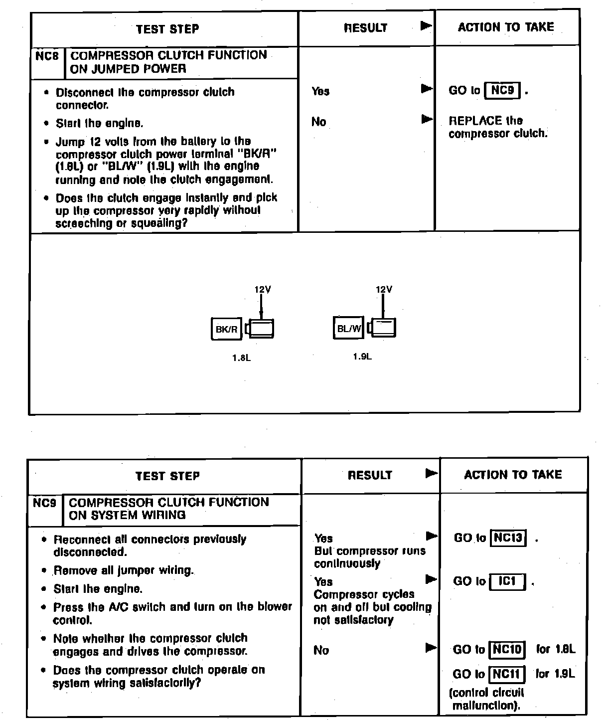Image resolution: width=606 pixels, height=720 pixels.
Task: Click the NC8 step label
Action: (47, 55)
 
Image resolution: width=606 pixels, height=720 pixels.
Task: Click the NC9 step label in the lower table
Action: (45, 503)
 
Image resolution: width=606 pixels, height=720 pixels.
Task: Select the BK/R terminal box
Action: (226, 329)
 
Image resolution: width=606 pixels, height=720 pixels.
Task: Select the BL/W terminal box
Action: (348, 328)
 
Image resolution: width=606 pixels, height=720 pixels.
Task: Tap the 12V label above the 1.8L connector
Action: (263, 289)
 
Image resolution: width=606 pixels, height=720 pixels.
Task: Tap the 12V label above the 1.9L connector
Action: (384, 289)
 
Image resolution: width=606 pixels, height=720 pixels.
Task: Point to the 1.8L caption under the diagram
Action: (241, 358)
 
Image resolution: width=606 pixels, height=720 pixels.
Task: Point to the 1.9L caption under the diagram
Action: (362, 357)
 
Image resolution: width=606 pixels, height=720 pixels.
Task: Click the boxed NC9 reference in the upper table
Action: (502, 90)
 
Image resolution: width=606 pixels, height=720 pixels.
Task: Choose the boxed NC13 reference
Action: (508, 538)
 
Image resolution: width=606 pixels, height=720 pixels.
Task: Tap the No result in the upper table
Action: (318, 122)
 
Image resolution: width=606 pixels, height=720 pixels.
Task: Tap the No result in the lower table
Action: (321, 650)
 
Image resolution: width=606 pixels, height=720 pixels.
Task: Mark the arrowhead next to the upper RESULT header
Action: (426, 26)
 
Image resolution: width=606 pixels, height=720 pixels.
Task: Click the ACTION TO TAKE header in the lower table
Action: (513, 475)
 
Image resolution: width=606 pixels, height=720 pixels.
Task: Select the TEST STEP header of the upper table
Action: (167, 29)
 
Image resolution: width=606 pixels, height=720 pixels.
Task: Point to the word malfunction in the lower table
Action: (485, 706)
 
